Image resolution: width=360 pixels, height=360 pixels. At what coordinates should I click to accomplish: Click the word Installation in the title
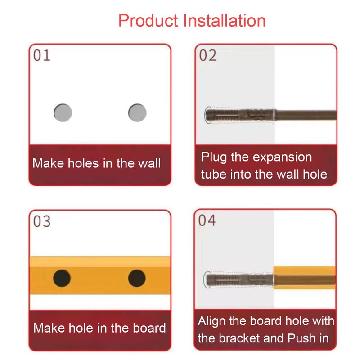pyautogui.click(x=225, y=21)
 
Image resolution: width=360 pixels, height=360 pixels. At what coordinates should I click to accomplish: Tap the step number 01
pyautogui.click(x=42, y=56)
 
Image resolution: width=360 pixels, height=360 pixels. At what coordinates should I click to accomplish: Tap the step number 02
pyautogui.click(x=208, y=56)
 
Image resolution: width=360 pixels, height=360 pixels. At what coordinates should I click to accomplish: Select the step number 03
pyautogui.click(x=42, y=222)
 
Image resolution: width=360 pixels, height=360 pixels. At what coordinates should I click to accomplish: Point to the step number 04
pyautogui.click(x=207, y=221)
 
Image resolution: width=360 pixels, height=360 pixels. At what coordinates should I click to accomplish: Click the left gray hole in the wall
pyautogui.click(x=63, y=112)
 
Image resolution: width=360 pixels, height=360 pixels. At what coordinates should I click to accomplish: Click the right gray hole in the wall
pyautogui.click(x=137, y=112)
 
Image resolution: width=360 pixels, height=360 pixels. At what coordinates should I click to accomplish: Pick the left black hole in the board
pyautogui.click(x=62, y=278)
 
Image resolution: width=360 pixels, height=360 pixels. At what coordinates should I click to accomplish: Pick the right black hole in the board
pyautogui.click(x=137, y=278)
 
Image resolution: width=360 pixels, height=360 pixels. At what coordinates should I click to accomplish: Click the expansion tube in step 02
pyautogui.click(x=238, y=115)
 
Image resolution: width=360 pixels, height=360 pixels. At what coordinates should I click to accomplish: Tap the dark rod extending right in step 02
pyautogui.click(x=306, y=115)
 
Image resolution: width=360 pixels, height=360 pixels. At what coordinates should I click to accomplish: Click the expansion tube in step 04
pyautogui.click(x=238, y=280)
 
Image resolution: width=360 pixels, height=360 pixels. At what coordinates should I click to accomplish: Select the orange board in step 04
pyautogui.click(x=305, y=278)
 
